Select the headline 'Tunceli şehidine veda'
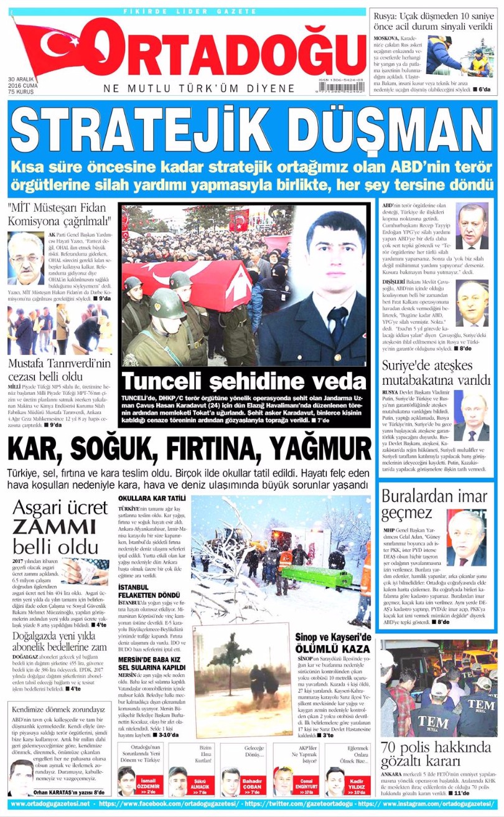pyautogui.click(x=244, y=380)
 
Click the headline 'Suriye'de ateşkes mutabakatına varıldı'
pyautogui.click(x=436, y=372)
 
